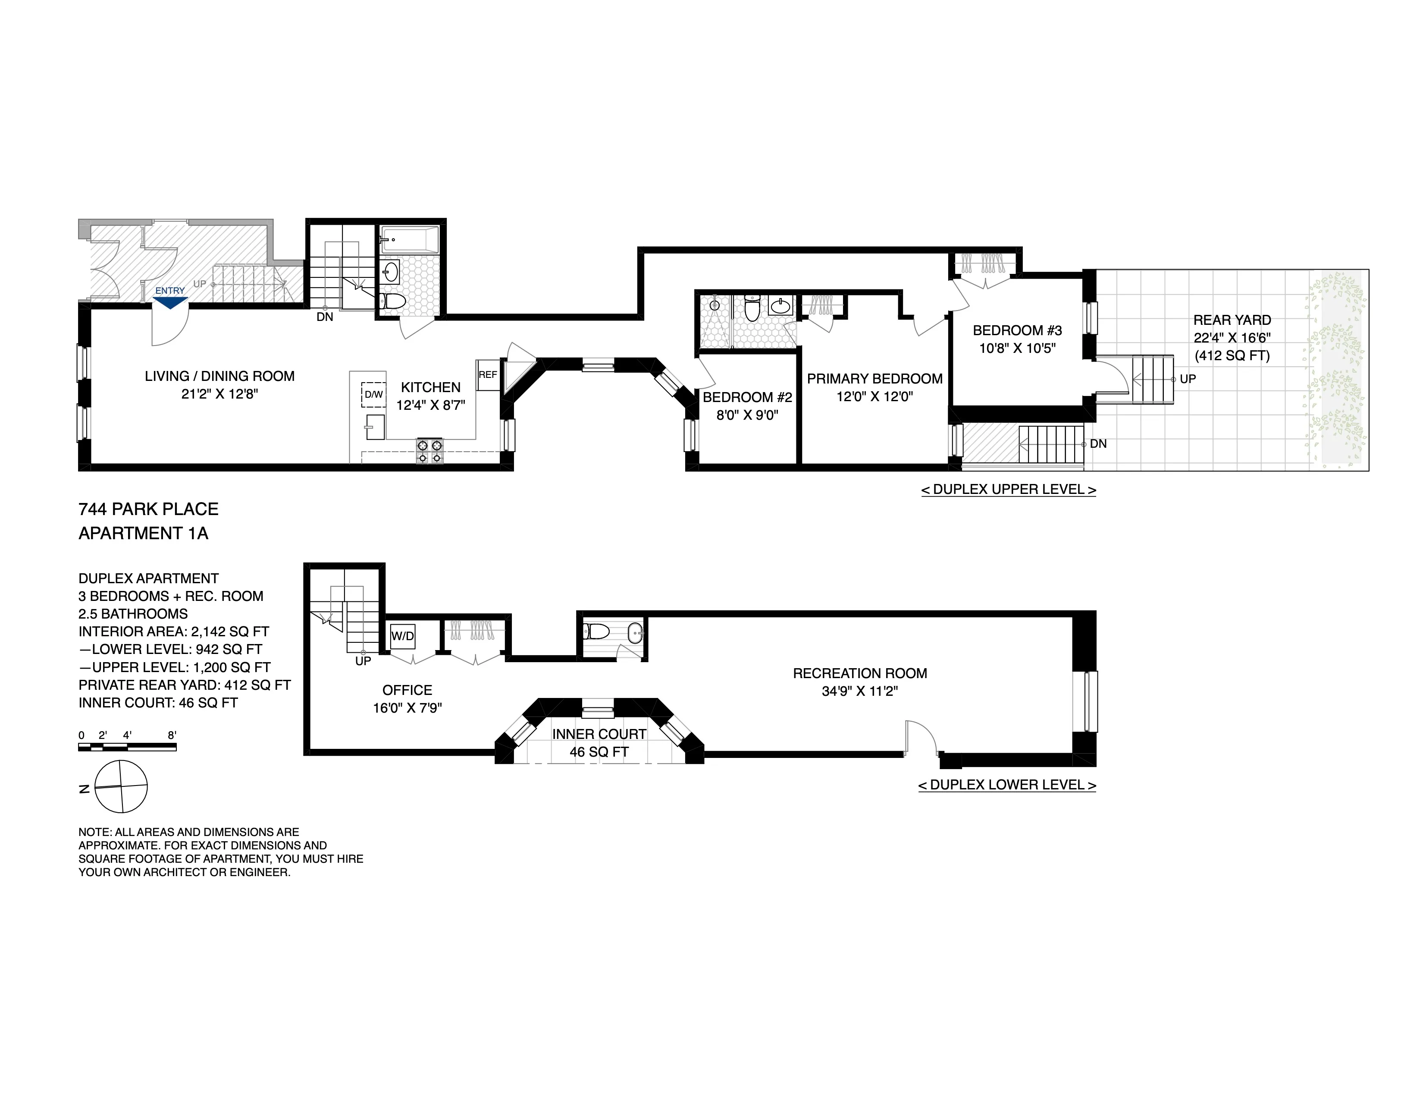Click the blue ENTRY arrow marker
click(x=170, y=302)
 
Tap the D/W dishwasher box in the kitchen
click(x=373, y=394)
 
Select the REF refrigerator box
click(x=487, y=375)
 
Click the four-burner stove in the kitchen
click(x=429, y=451)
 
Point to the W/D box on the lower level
click(x=402, y=636)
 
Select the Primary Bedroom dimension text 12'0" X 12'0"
click(x=874, y=396)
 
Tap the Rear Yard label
click(x=1232, y=320)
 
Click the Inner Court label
click(x=599, y=734)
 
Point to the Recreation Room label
click(x=859, y=673)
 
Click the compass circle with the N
click(x=121, y=786)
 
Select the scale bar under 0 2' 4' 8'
click(x=127, y=747)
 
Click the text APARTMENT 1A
click(x=143, y=533)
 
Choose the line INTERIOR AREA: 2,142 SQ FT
click(x=173, y=632)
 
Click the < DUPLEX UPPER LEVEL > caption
click(x=1008, y=490)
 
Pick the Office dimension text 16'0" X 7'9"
click(x=407, y=708)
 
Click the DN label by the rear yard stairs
click(x=1098, y=444)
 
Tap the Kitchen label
click(x=430, y=387)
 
